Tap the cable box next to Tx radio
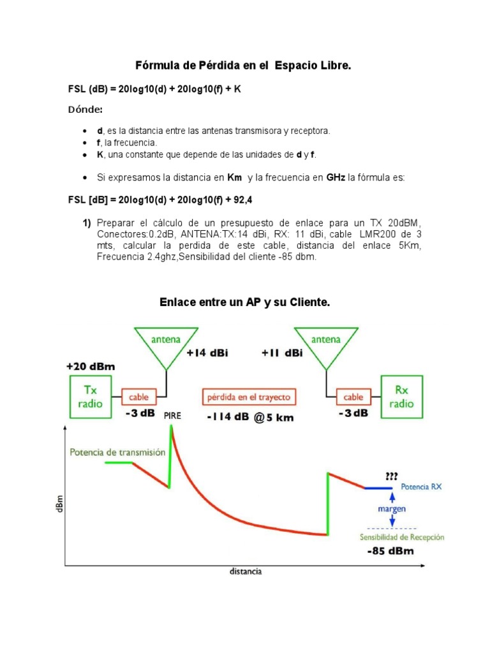pos(138,397)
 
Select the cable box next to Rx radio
pos(353,397)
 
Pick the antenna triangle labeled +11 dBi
pos(326,344)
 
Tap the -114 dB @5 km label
pos(249,418)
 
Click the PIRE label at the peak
pos(172,415)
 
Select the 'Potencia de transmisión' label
pos(117,452)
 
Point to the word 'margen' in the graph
pos(391,509)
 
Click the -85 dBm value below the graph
pos(390,551)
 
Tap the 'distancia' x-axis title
pos(245,571)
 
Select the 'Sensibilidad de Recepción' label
pos(401,537)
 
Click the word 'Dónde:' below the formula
pos(85,110)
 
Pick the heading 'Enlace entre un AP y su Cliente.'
pos(244,303)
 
